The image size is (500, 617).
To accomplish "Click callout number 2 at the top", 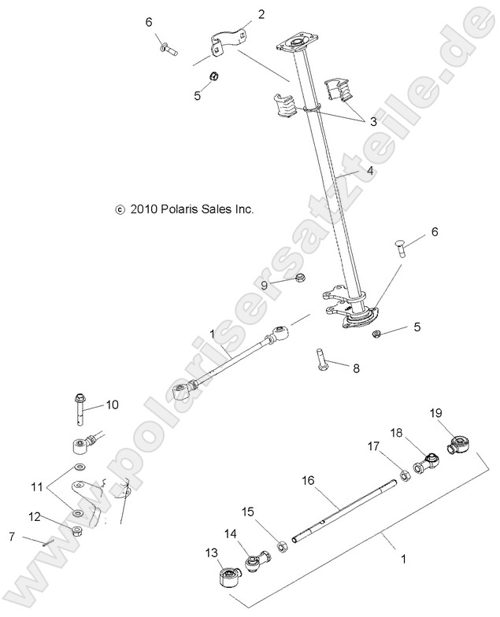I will (239, 14).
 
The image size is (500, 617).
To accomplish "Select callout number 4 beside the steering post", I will (369, 170).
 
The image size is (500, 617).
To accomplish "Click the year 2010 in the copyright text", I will (144, 210).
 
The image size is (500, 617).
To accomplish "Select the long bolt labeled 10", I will (81, 408).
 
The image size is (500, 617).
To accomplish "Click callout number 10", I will (112, 405).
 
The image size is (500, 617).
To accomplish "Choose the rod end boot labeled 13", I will (227, 583).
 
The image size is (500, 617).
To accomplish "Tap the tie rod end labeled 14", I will (257, 563).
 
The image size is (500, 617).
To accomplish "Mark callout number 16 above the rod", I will (308, 479).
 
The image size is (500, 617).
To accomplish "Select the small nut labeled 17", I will (402, 475).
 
